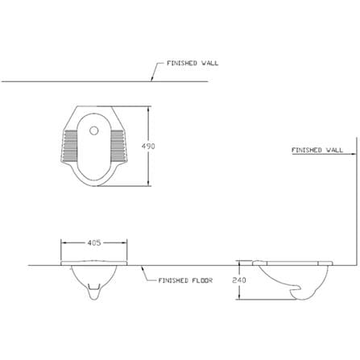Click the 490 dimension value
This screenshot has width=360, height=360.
click(148, 147)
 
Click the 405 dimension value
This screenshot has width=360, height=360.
click(94, 242)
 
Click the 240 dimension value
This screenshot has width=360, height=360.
click(239, 280)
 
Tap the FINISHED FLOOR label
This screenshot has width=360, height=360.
click(185, 280)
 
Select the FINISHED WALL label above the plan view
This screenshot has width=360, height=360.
click(192, 63)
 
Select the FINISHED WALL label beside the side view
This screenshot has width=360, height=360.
click(317, 150)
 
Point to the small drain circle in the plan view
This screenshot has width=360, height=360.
click(94, 130)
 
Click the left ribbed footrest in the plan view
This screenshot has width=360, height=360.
click(70, 146)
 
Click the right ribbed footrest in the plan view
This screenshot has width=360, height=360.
click(118, 146)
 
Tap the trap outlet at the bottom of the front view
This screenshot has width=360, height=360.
click(93, 292)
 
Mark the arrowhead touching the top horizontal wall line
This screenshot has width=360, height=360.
click(152, 79)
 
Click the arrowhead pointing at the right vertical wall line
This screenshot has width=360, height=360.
click(354, 154)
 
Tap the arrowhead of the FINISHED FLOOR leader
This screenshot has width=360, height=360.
click(143, 267)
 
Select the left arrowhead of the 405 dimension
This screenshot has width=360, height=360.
click(64, 242)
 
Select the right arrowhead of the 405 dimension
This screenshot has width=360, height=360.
click(124, 242)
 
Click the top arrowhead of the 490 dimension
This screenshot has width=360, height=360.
click(149, 110)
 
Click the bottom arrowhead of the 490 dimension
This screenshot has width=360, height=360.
click(149, 183)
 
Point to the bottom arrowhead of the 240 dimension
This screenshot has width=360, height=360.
click(239, 296)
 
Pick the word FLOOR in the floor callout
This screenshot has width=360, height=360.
click(202, 280)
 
